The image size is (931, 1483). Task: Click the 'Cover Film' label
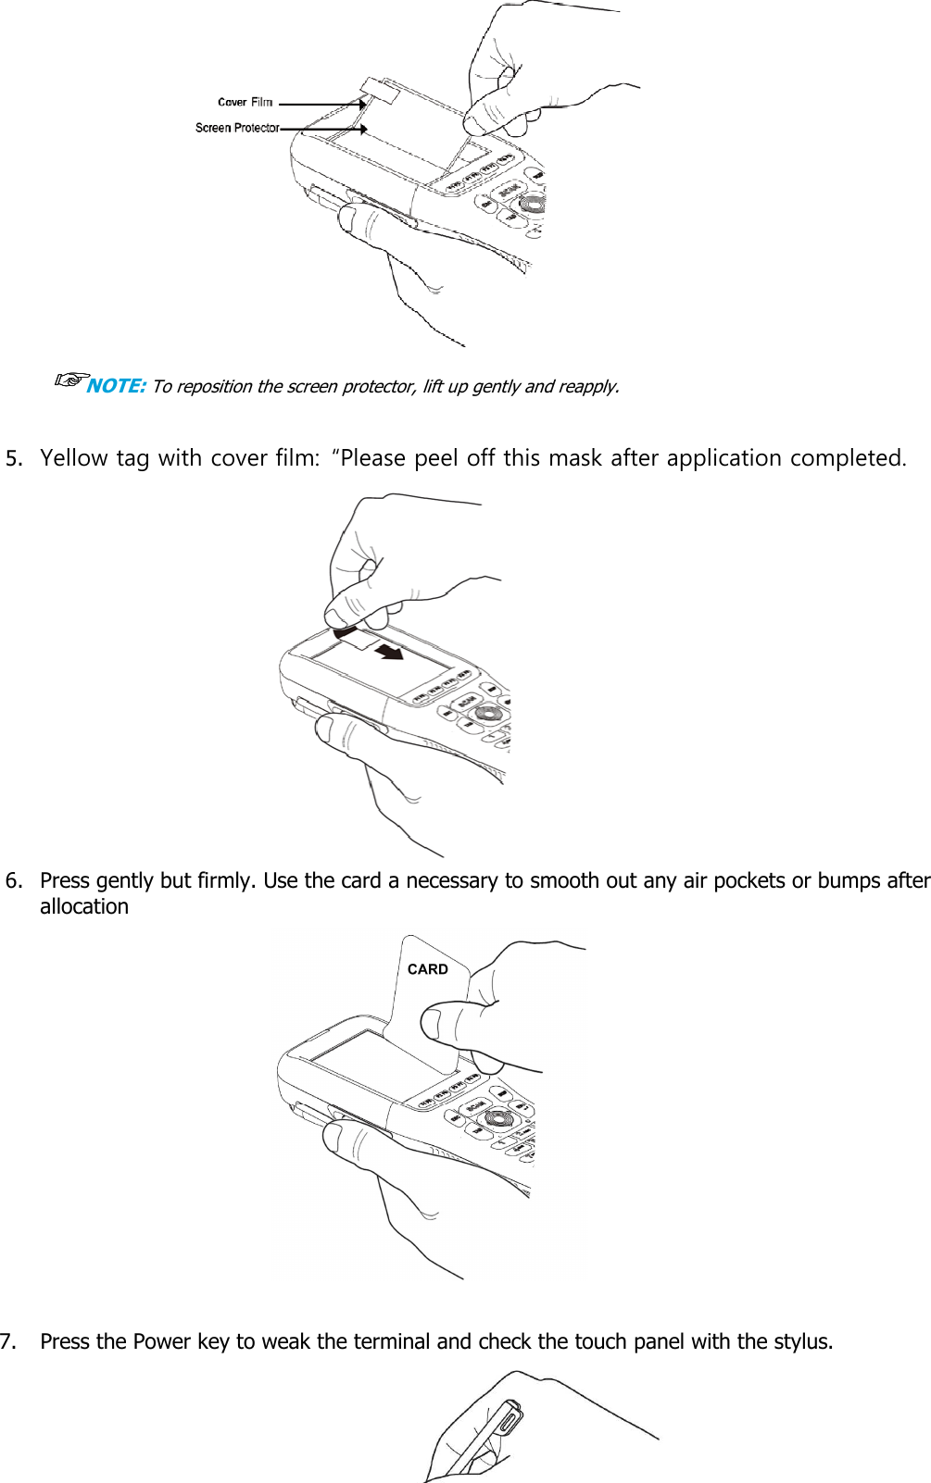click(x=245, y=103)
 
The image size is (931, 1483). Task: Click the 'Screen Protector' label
click(x=237, y=128)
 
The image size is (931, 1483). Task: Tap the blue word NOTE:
click(x=116, y=386)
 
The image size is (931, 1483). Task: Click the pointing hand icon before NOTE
click(x=70, y=380)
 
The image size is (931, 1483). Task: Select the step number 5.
click(x=13, y=458)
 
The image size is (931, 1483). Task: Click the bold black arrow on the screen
click(x=389, y=652)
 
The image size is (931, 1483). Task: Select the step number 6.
click(x=13, y=880)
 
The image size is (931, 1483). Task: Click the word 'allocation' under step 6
click(x=84, y=906)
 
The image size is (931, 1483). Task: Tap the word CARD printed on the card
click(x=427, y=969)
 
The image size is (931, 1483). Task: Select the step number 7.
click(x=8, y=1341)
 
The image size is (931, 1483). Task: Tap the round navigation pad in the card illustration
click(x=497, y=1117)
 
